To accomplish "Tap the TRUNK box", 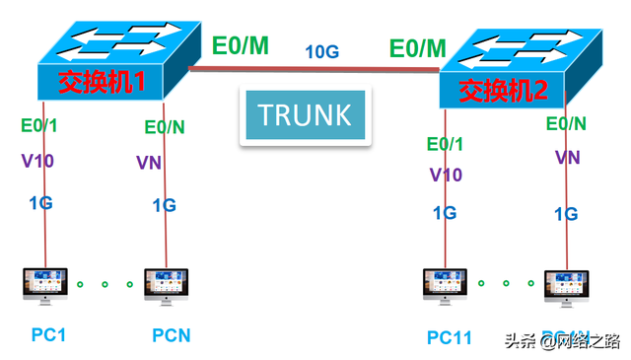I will pos(305,114).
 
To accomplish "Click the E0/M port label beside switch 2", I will pos(417,47).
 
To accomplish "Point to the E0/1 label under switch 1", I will pos(39,125).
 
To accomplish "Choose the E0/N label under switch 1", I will pos(164,127).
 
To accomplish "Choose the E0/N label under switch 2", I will pos(566,123).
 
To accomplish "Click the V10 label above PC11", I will pos(446,176).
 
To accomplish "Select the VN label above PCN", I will pos(149,163).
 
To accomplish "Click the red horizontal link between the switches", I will pos(314,69).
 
